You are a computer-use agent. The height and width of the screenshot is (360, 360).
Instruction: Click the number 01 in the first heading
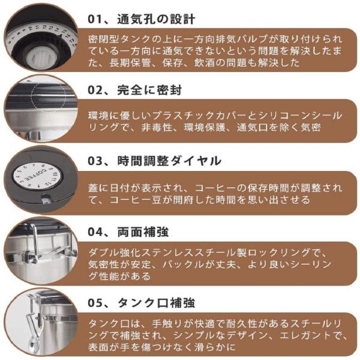(x=95, y=19)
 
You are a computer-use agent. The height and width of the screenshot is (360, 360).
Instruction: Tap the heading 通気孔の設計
(x=156, y=19)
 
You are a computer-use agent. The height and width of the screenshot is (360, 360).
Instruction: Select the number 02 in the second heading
(x=95, y=90)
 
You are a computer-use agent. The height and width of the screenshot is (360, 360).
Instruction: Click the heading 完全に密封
(x=149, y=90)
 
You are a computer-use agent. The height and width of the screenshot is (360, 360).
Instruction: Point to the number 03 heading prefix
(x=95, y=161)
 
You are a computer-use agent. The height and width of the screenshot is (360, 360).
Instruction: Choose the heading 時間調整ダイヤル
(x=169, y=161)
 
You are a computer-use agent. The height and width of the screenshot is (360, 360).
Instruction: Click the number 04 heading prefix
(x=95, y=232)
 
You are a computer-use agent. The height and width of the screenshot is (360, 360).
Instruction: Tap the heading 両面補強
(x=143, y=232)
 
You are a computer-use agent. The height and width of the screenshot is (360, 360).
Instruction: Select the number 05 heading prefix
(x=95, y=303)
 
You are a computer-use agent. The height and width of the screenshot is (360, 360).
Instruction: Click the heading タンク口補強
(x=156, y=302)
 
